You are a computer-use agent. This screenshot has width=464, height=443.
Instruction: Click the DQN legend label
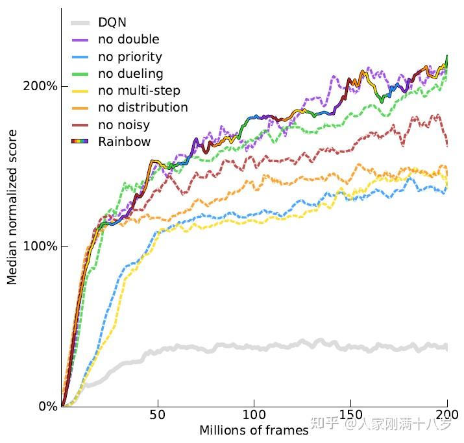(112, 23)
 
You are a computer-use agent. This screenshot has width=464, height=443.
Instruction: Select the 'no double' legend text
(128, 40)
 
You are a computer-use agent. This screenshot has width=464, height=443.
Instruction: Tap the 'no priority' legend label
(130, 56)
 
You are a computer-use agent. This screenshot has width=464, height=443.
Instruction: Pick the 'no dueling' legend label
(130, 73)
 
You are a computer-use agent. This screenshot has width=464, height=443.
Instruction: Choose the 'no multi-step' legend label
(139, 90)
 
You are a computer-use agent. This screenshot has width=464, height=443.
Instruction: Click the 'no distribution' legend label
(143, 107)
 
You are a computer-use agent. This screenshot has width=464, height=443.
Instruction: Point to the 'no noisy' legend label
(124, 125)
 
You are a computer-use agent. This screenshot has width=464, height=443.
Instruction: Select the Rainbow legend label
(124, 141)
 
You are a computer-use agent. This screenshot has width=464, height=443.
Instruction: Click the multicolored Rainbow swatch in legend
(79, 141)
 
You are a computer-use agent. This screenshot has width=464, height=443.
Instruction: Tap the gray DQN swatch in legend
(79, 23)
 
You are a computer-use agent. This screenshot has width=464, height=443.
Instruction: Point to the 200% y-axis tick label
(43, 87)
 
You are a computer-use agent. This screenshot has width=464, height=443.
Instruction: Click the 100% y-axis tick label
(43, 246)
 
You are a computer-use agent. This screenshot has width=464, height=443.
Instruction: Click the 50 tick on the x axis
(157, 415)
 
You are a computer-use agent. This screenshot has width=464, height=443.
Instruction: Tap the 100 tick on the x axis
(254, 415)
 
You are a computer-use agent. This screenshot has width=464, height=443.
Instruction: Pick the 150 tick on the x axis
(350, 415)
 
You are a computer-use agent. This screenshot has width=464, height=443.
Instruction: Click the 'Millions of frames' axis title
(254, 431)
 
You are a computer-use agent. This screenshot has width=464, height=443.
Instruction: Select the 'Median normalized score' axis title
(12, 207)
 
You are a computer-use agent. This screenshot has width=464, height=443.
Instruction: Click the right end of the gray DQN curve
(446, 348)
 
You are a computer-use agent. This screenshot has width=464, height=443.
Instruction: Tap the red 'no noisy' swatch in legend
(79, 125)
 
